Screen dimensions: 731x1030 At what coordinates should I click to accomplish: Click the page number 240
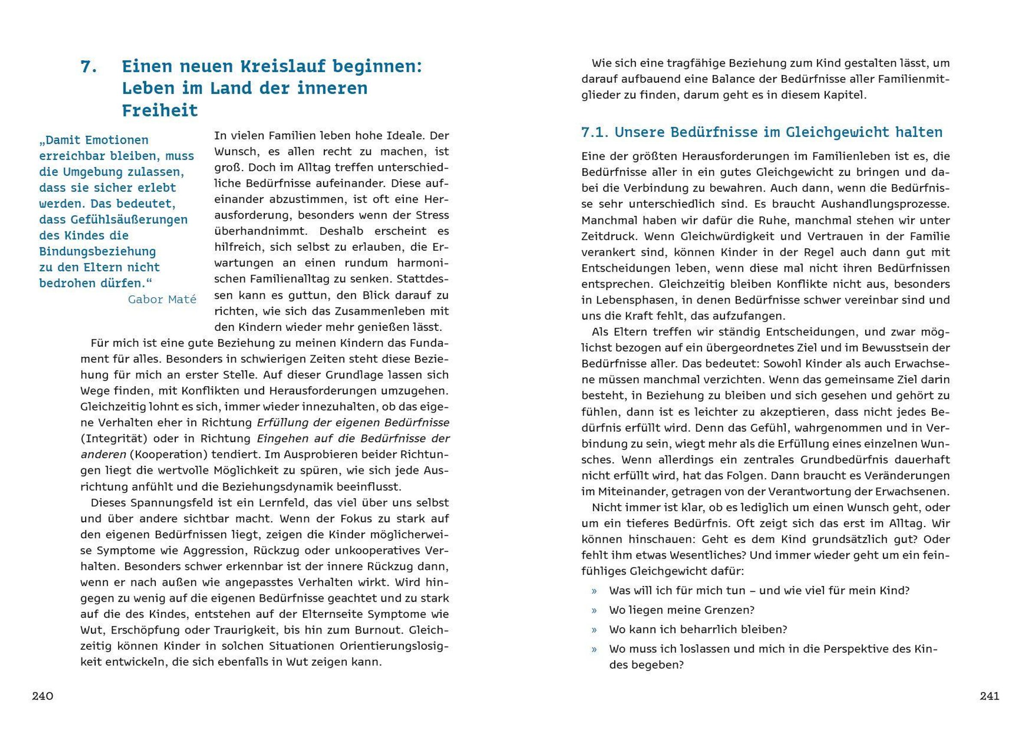[42, 696]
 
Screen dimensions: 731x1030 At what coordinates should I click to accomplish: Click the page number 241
[990, 696]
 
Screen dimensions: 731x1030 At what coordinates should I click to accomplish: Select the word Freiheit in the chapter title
[160, 110]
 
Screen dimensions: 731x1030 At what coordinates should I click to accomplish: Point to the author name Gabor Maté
[162, 299]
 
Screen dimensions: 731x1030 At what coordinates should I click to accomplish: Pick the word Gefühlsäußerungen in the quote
[129, 220]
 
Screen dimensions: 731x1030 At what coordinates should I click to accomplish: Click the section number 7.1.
[594, 132]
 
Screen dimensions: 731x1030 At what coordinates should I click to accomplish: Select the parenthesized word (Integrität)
[114, 438]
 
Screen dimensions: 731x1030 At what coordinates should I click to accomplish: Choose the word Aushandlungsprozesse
[885, 204]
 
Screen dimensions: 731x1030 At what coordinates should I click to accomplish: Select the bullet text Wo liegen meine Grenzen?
[681, 610]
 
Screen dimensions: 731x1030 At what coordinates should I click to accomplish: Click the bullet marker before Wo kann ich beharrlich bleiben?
[594, 630]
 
